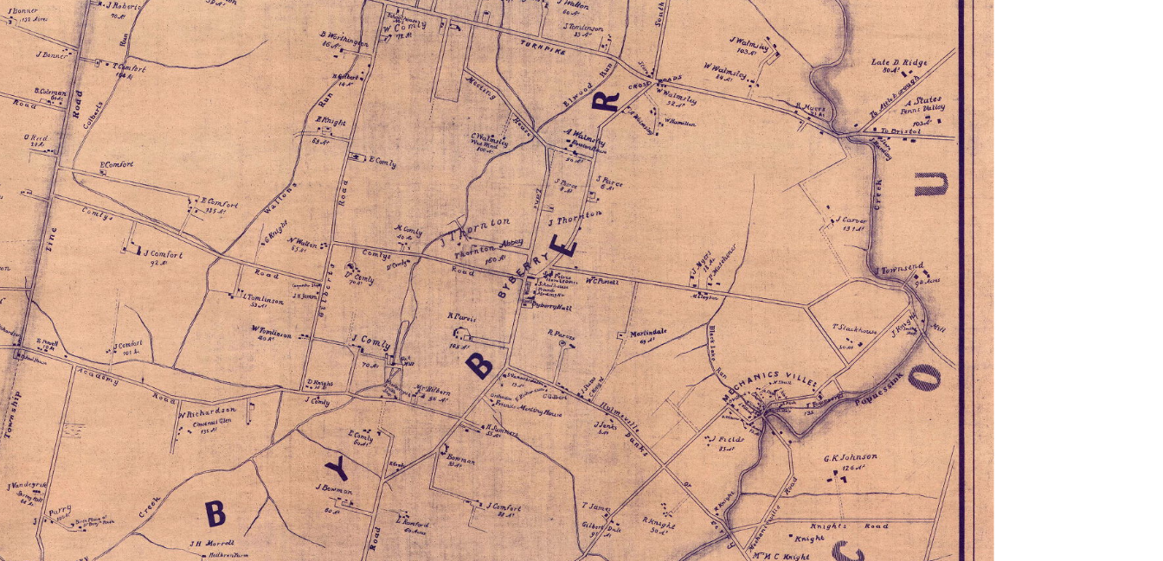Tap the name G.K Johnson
coord(850,457)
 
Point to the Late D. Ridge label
coord(898,63)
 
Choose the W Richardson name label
coord(207,411)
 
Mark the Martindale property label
coord(647,333)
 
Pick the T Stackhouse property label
coord(854,329)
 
